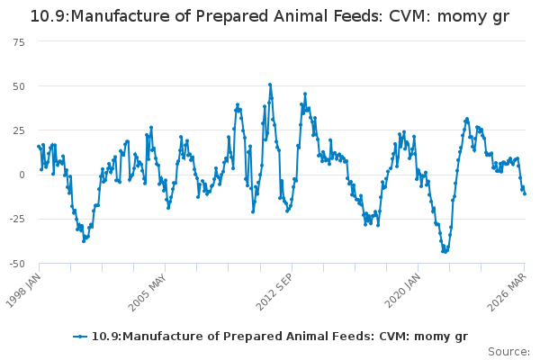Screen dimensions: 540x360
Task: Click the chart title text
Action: point(270,16)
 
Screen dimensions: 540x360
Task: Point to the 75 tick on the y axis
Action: point(19,42)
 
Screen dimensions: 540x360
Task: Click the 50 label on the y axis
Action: point(19,86)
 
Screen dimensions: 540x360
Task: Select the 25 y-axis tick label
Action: point(19,130)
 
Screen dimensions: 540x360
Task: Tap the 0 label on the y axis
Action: point(22,175)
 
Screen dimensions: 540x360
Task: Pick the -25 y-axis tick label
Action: point(17,219)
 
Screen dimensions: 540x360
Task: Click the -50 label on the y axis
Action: point(17,264)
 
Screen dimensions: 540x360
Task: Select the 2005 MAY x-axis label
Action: point(148,292)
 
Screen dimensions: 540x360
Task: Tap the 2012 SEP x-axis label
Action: point(274,292)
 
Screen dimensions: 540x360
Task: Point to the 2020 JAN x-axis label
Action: point(402,290)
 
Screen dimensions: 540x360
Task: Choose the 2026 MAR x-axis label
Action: point(508,292)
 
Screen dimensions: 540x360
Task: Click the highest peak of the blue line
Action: point(270,85)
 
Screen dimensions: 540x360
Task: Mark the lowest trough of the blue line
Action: point(445,252)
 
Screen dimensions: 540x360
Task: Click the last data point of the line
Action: point(525,194)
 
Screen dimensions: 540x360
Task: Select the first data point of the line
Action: point(39,147)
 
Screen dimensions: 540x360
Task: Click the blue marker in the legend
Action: point(80,337)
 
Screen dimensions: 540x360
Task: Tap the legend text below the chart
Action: point(280,337)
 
